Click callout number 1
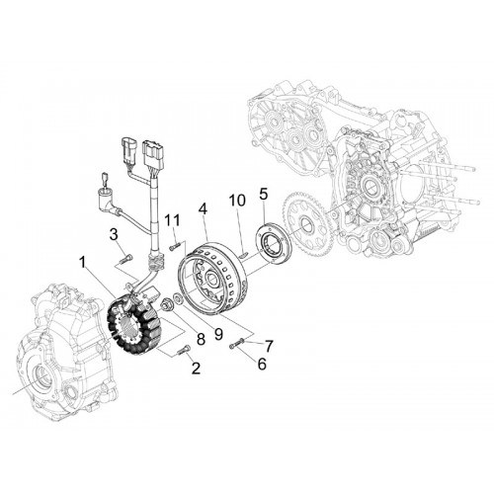[x=82, y=264]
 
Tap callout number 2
[x=196, y=368]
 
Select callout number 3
[x=114, y=235]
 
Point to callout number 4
[x=204, y=209]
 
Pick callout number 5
[x=264, y=195]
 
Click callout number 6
[x=262, y=364]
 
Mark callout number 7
[x=269, y=346]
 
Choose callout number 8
[x=201, y=339]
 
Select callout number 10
[x=237, y=201]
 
